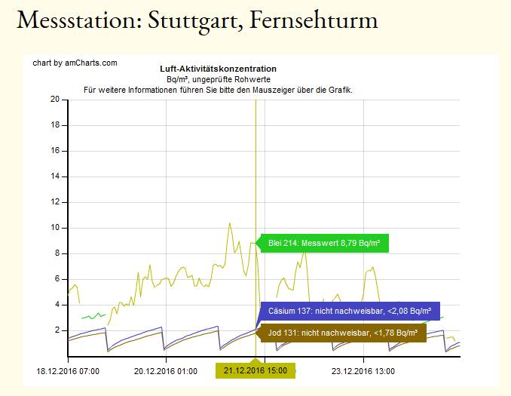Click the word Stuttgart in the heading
click(183, 20)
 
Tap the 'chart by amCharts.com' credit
click(75, 63)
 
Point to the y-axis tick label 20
click(55, 99)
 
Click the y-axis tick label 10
click(55, 228)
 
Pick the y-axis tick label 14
click(55, 177)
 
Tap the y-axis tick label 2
click(57, 330)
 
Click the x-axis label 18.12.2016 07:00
click(67, 370)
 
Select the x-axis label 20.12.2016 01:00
click(166, 370)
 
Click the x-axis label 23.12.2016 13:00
click(363, 370)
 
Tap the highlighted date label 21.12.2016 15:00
click(255, 371)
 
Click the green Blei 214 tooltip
click(323, 243)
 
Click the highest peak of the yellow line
click(230, 223)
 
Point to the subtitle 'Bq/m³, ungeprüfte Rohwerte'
click(218, 79)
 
